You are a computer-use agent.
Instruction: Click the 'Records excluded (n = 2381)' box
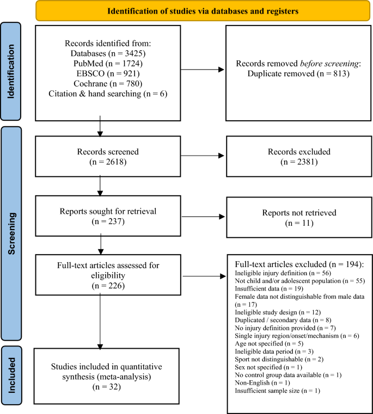tap(294, 155)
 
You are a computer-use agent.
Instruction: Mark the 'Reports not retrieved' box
tap(294, 216)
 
